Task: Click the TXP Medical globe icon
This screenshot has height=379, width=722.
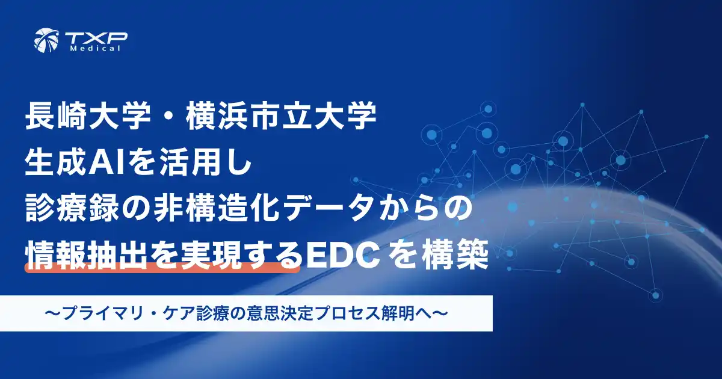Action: pos(46,40)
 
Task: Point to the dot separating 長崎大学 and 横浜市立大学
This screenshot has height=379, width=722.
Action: pos(165,118)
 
